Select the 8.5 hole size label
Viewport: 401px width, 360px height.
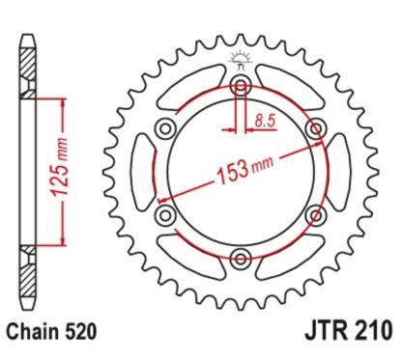(x=263, y=121)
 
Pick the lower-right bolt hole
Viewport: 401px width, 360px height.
(x=314, y=214)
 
